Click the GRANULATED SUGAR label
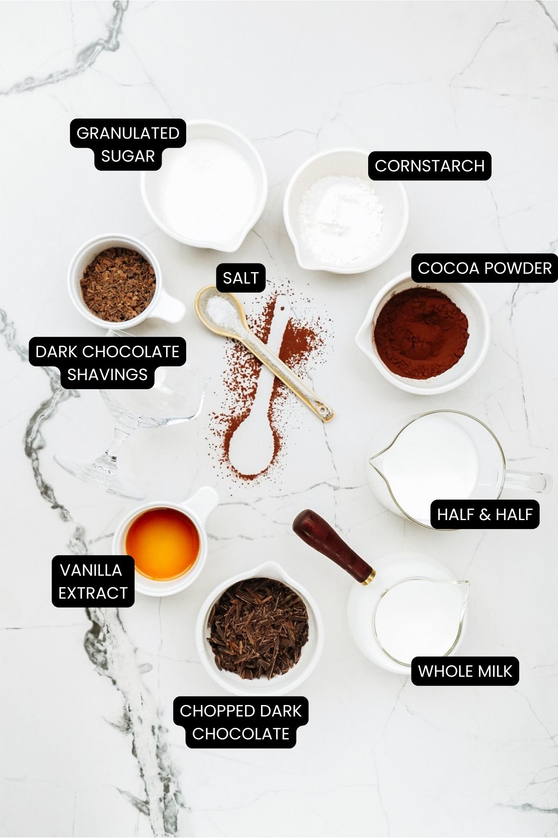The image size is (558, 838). click(x=128, y=144)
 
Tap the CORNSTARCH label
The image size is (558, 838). click(x=430, y=166)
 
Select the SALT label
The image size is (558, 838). click(x=241, y=278)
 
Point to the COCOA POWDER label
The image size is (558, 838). click(x=485, y=268)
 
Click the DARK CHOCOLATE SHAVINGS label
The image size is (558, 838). click(x=107, y=363)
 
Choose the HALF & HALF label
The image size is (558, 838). click(x=485, y=514)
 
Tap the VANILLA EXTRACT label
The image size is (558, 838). click(x=93, y=581)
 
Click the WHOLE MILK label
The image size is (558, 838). click(x=465, y=671)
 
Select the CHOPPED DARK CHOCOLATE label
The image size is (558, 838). click(x=241, y=722)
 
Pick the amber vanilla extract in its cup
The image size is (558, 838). click(x=162, y=543)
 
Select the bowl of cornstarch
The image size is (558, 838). click(x=346, y=211)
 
